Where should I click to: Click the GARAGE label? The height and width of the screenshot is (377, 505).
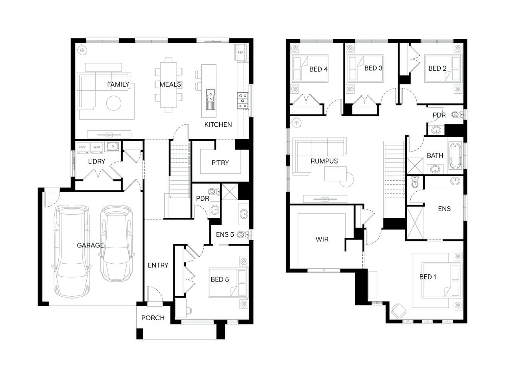click(90, 245)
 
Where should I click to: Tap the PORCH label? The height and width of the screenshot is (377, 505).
click(153, 318)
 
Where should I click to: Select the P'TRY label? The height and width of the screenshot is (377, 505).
click(220, 163)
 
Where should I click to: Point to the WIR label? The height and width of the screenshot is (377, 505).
click(322, 239)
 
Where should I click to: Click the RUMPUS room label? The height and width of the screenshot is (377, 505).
click(324, 161)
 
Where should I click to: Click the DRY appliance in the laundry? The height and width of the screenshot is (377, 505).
click(82, 147)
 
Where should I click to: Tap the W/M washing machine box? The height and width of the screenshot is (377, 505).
click(97, 147)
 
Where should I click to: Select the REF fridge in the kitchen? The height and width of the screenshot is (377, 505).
click(241, 52)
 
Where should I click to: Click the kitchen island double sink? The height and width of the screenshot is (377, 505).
click(211, 99)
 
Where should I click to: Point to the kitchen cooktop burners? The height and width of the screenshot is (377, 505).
click(243, 101)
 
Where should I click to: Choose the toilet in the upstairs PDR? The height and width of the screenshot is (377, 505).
click(457, 114)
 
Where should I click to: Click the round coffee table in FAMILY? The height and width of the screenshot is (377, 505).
click(113, 103)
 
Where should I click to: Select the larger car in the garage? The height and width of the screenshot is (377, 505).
click(72, 251)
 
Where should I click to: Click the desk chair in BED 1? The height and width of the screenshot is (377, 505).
click(398, 311)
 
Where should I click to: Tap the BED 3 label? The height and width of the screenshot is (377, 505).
click(374, 68)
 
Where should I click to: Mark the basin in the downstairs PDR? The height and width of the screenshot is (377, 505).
click(215, 209)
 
